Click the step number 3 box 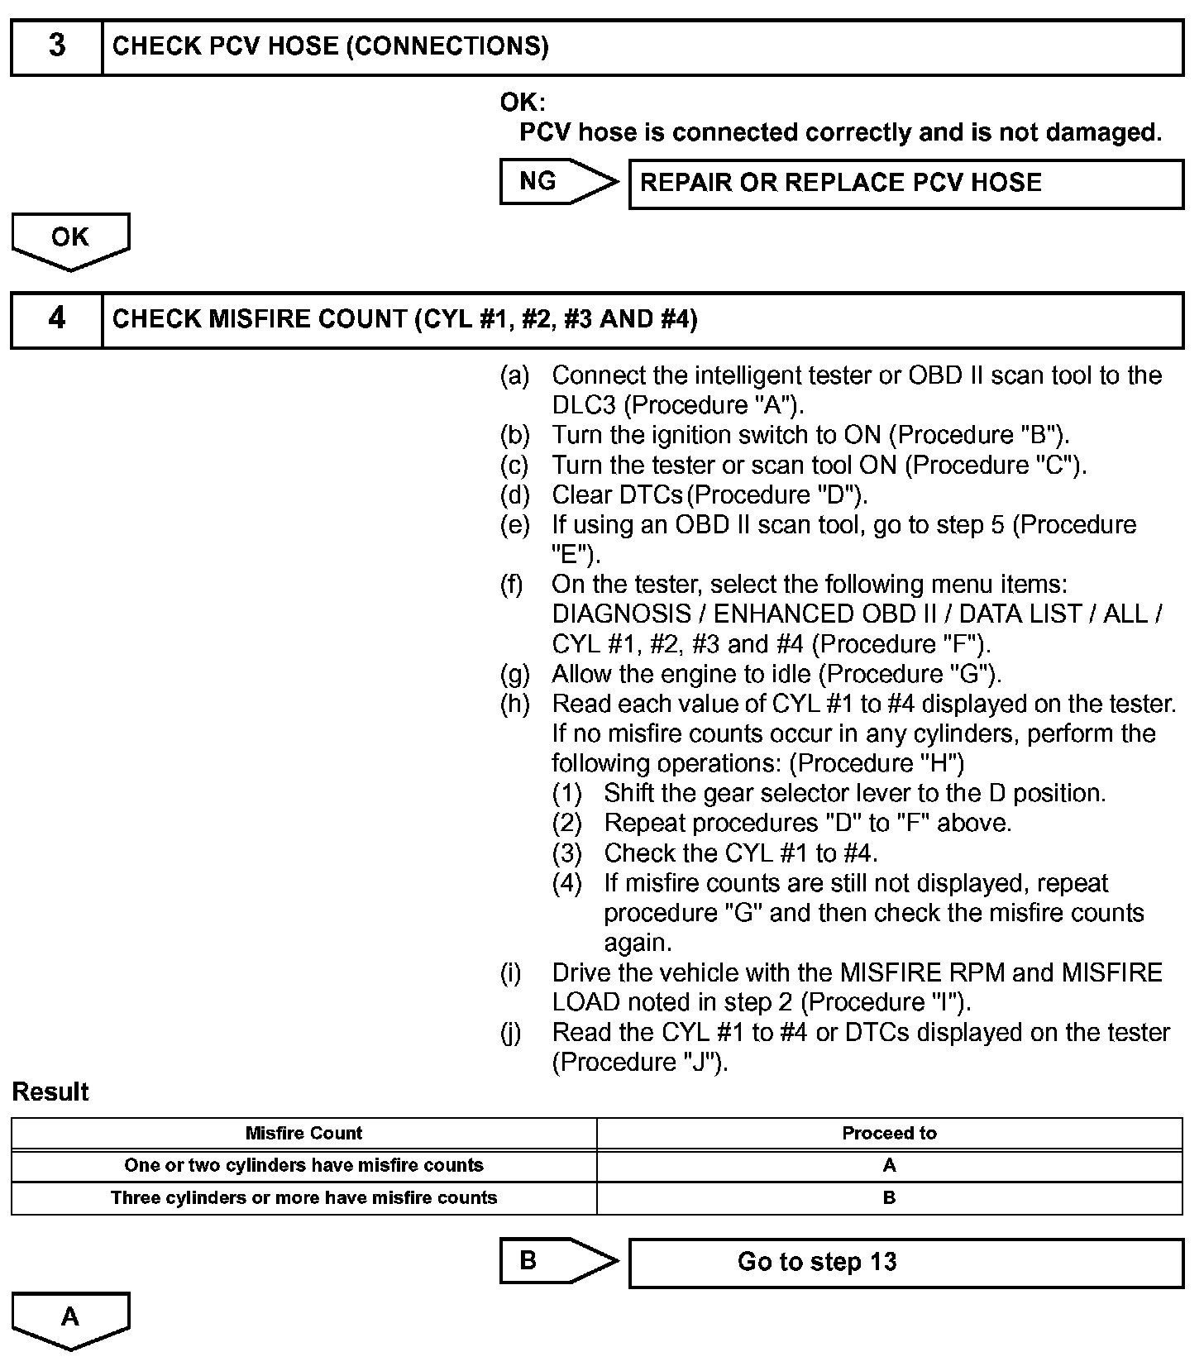click(56, 46)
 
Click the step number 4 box click(56, 319)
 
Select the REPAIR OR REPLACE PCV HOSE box click(905, 183)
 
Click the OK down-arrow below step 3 click(70, 239)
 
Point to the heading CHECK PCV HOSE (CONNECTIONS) click(330, 46)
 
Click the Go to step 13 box click(905, 1262)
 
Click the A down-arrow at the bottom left click(70, 1317)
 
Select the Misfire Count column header click(303, 1133)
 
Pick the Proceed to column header click(889, 1133)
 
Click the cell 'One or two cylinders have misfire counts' click(303, 1165)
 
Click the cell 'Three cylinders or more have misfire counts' click(303, 1197)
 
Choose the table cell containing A click(889, 1165)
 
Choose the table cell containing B click(889, 1197)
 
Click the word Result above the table click(50, 1092)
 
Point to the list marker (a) click(514, 375)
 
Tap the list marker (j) click(511, 1032)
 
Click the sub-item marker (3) click(567, 853)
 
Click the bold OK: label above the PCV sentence click(523, 103)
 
